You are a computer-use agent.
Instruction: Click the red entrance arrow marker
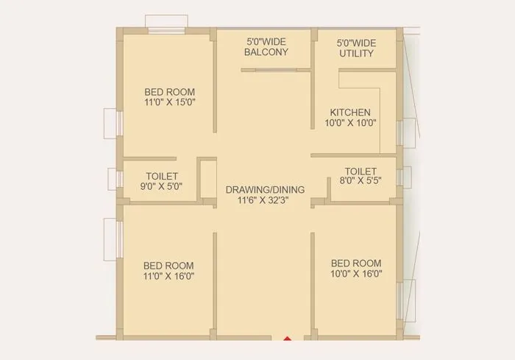287,339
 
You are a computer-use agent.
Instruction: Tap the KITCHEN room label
350,113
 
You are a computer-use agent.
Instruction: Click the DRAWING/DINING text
265,189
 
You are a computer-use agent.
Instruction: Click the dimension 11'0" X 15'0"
169,103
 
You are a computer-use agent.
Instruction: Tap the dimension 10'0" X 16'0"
356,274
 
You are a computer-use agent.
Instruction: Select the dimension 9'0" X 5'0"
162,187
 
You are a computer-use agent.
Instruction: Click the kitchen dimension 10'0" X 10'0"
350,123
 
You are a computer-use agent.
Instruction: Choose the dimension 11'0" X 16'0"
168,276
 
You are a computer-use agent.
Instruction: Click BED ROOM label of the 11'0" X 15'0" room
169,92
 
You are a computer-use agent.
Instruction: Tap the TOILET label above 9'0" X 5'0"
162,177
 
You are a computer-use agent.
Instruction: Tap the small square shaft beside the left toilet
207,179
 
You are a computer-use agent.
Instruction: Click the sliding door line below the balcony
277,71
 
